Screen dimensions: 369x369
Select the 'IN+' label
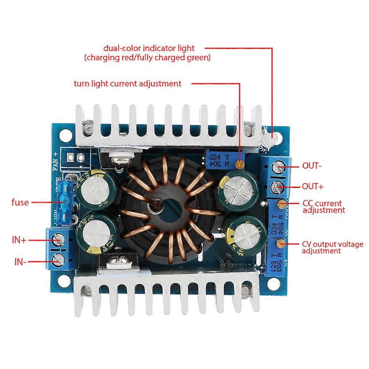tap(19, 240)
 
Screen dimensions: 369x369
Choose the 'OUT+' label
tap(313, 187)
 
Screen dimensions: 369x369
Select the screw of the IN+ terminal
tap(57, 241)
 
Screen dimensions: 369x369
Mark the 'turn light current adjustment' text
tap(128, 84)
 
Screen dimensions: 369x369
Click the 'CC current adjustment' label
tap(323, 206)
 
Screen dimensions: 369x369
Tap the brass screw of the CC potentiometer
tap(282, 203)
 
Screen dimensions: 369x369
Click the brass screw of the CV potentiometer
tap(281, 243)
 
